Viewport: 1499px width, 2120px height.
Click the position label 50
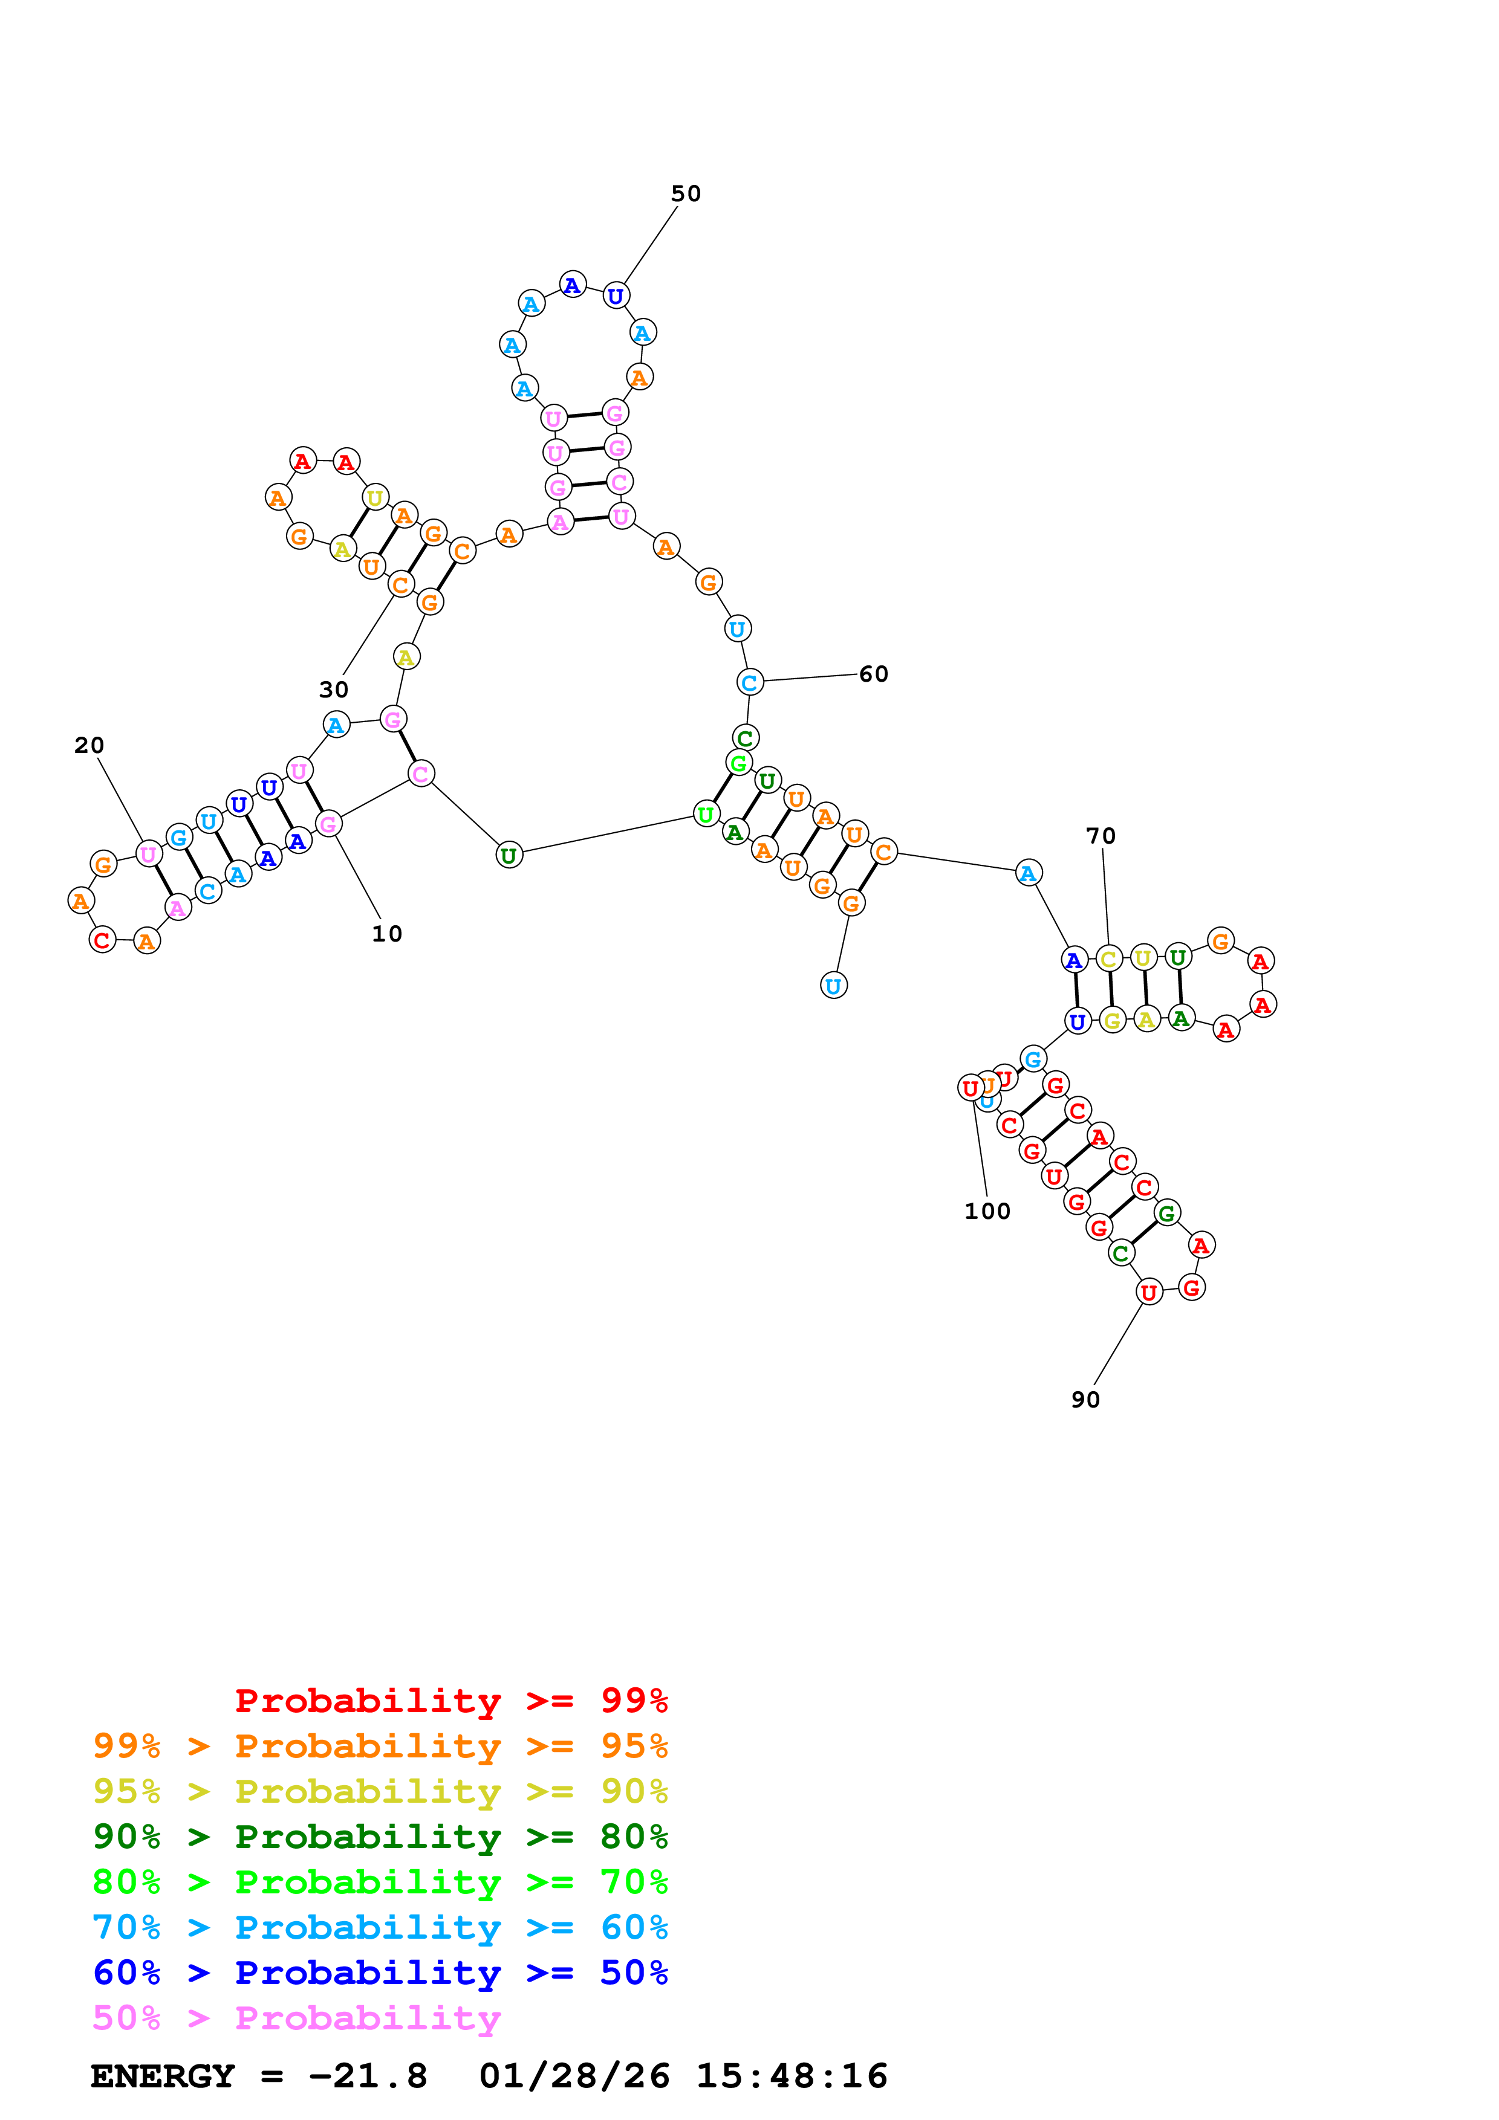685,194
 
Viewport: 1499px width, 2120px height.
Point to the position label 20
89,745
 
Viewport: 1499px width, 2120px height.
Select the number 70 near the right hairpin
1100,836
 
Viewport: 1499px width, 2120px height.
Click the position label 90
1085,1400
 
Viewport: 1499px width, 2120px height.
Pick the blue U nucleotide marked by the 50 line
615,296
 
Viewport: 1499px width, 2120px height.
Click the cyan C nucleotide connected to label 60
750,682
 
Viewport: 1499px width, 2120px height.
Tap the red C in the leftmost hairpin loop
103,940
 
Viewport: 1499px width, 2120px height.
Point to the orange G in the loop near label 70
1220,941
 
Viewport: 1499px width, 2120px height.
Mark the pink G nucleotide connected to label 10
328,824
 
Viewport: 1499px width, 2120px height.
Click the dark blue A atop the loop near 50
573,285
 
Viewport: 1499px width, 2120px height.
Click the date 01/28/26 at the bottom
574,2076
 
